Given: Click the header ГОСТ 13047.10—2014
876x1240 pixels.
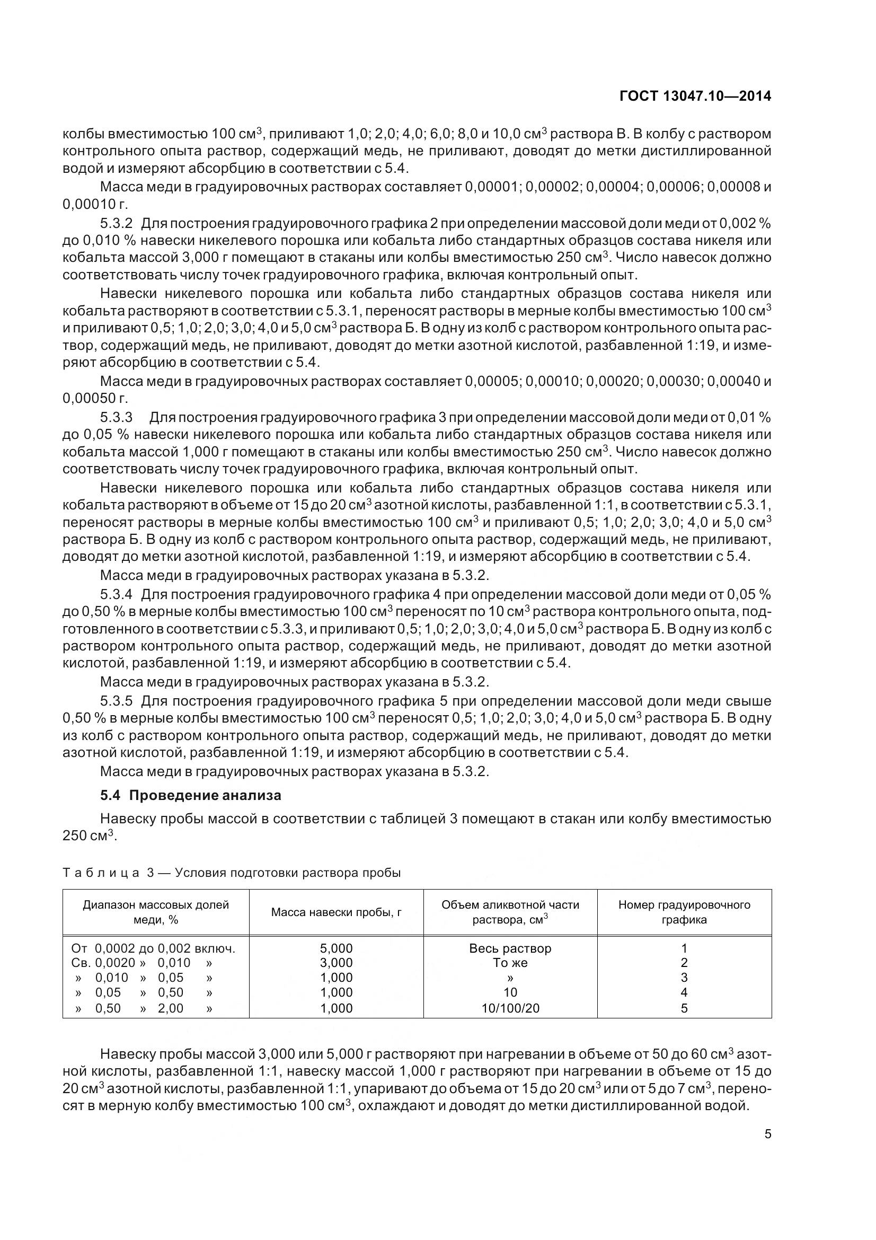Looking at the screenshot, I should click(x=695, y=96).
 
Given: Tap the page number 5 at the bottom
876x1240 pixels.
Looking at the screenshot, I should click(x=767, y=1133).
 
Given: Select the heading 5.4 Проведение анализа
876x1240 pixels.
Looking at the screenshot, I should click(x=191, y=796).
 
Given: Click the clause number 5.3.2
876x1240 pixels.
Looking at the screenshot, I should click(x=116, y=223).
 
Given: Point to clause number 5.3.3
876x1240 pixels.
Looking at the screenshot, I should click(x=116, y=417).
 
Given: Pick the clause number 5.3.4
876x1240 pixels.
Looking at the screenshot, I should click(x=116, y=595).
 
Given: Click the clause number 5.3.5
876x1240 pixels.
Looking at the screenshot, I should click(x=116, y=701).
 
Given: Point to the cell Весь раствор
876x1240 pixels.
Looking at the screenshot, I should click(x=510, y=948).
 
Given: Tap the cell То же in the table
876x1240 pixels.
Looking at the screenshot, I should click(x=510, y=963).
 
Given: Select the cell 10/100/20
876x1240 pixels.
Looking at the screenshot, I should click(x=510, y=1008).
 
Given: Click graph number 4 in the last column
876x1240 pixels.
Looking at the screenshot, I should click(x=684, y=992).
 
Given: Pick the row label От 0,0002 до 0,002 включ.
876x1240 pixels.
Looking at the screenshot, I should click(x=153, y=948).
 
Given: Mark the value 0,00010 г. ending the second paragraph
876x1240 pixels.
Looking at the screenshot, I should click(x=95, y=205).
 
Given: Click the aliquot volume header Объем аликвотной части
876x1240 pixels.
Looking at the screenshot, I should click(x=510, y=905).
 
